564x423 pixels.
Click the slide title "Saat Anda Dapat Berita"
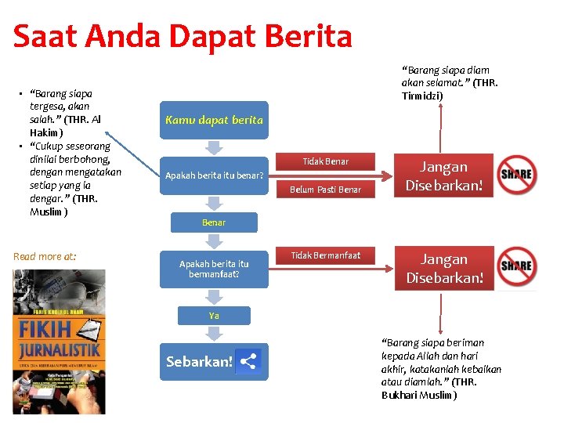[183, 36]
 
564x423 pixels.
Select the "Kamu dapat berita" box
[214, 120]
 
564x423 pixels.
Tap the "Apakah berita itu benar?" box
[214, 175]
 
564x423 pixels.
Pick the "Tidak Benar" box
[325, 161]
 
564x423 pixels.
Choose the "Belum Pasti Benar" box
[325, 190]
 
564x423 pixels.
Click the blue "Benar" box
[214, 222]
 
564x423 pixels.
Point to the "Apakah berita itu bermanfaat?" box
[214, 269]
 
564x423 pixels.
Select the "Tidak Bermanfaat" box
[325, 255]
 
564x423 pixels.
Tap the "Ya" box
[214, 315]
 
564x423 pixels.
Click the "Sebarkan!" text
[199, 362]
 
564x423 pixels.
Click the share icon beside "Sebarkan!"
[248, 361]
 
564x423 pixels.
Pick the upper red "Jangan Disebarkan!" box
[443, 175]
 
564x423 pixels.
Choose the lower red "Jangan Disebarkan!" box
[443, 268]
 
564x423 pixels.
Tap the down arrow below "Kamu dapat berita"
[214, 147]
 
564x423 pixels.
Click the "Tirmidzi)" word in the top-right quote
[422, 96]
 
